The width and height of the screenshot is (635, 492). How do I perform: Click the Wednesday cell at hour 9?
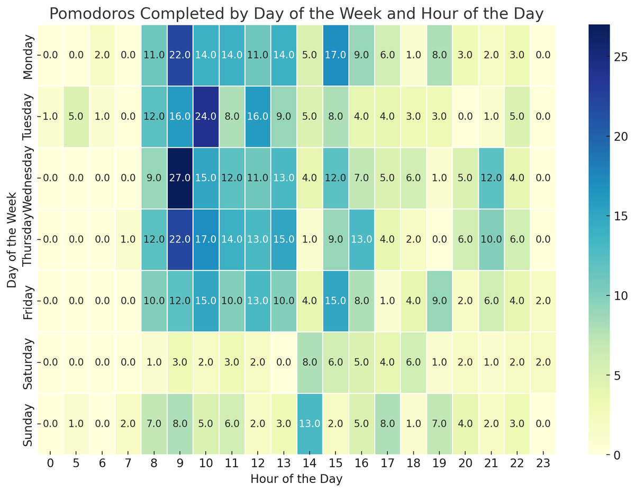pos(180,178)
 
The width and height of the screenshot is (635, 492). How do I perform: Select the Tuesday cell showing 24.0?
pos(206,117)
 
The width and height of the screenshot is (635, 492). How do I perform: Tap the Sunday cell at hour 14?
pos(310,424)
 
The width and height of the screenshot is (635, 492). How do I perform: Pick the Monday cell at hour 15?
pos(335,55)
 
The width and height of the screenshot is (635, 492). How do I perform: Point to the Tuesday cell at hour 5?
pos(76,117)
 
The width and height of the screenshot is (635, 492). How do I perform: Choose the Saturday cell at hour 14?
pos(310,362)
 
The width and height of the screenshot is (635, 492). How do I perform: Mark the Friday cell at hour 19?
pos(439,301)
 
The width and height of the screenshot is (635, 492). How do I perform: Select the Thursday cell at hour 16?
pos(361,239)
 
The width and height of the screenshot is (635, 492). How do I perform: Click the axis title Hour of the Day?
pos(296,479)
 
